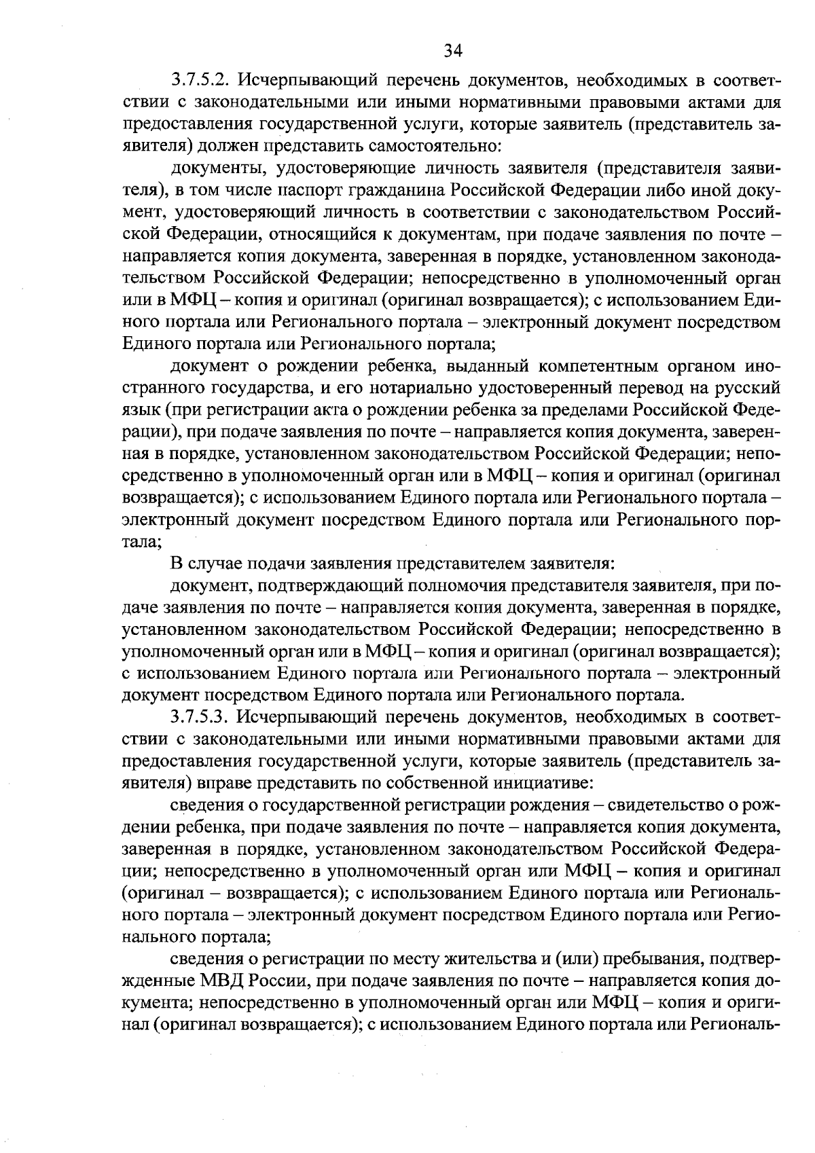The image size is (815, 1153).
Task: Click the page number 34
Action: (453, 50)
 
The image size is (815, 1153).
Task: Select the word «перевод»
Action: (647, 388)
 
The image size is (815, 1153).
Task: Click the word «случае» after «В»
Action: (209, 564)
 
